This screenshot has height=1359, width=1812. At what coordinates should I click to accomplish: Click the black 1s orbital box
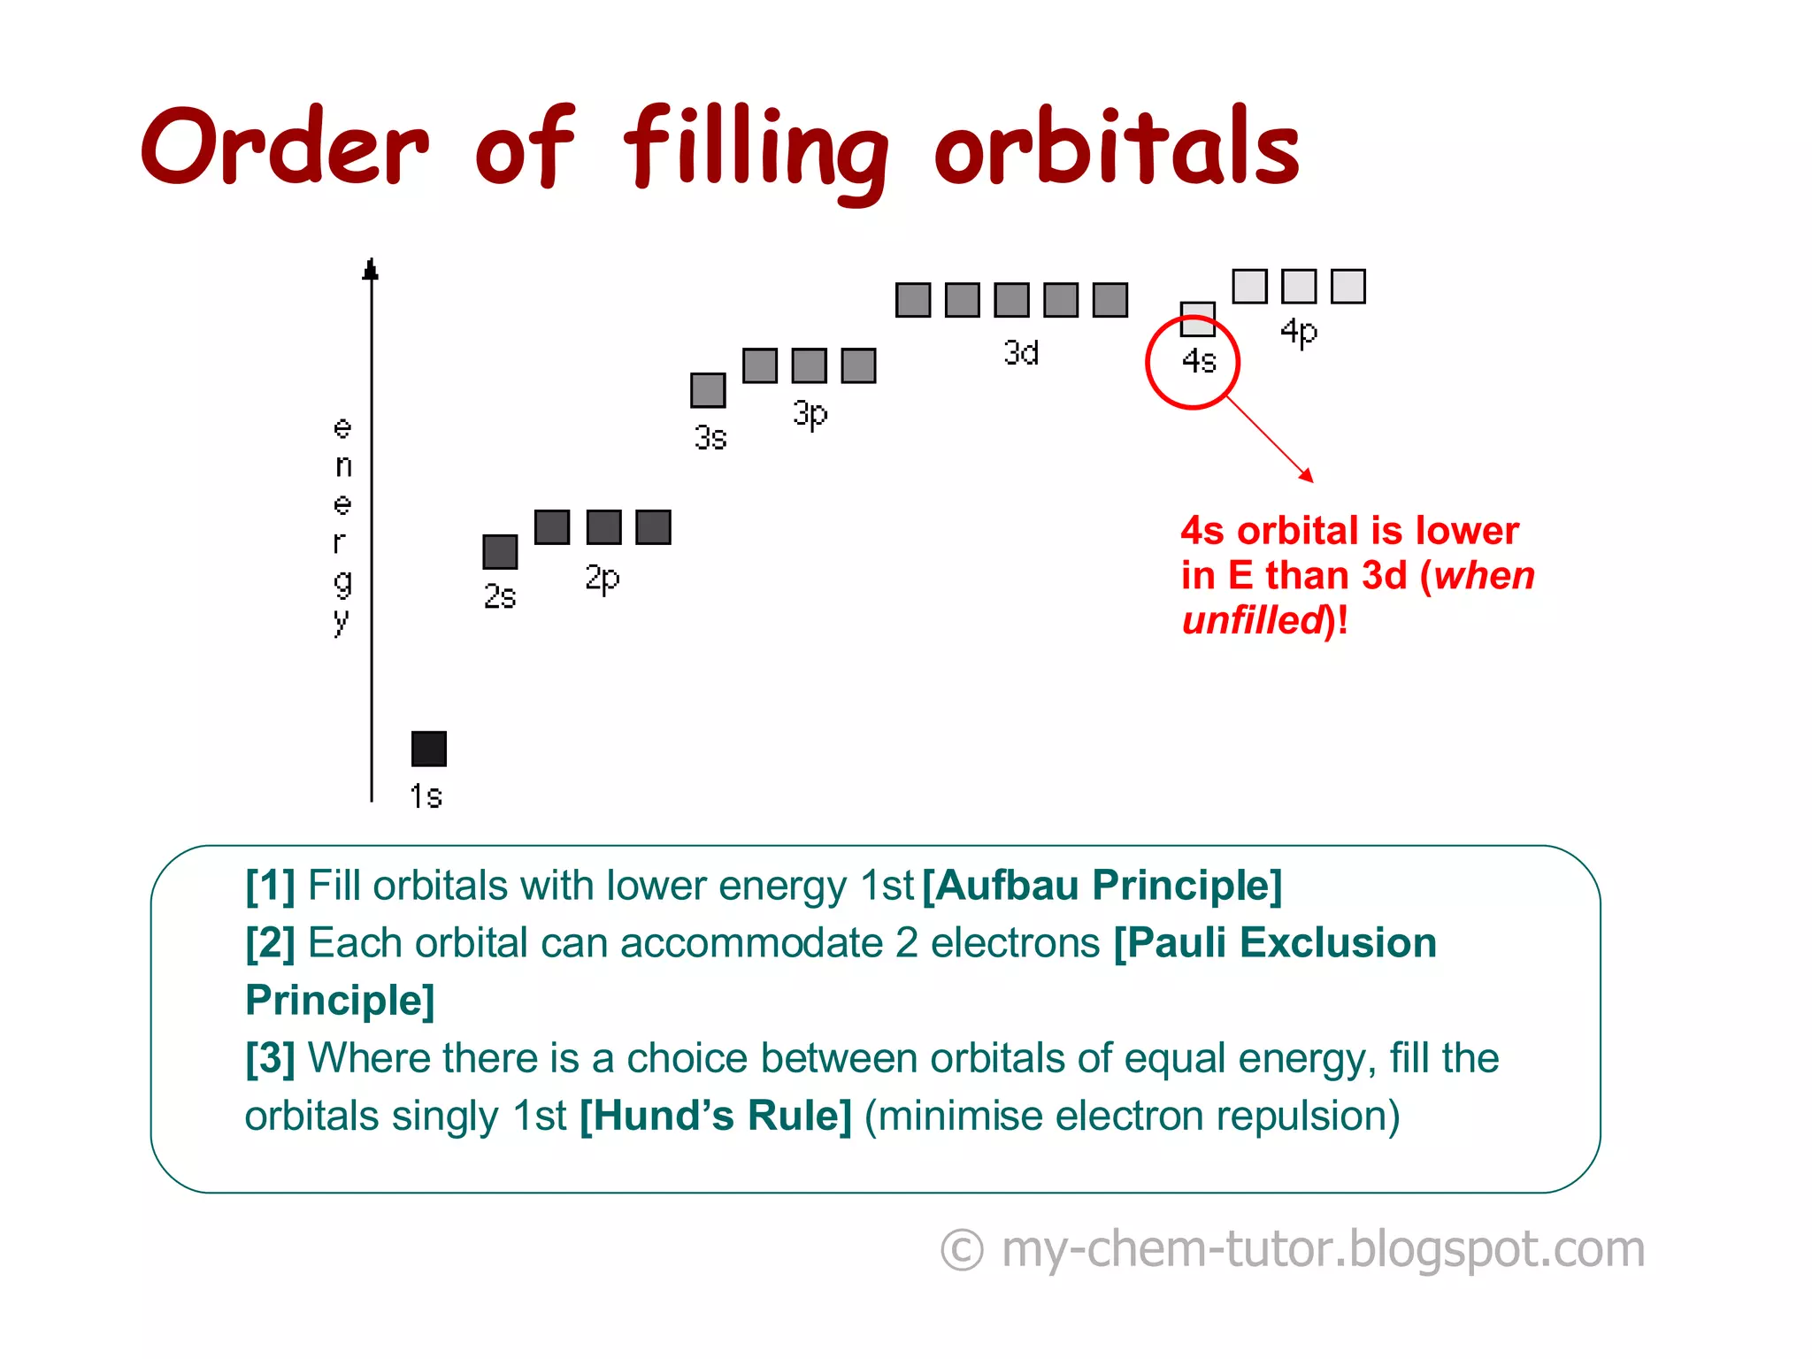tap(429, 749)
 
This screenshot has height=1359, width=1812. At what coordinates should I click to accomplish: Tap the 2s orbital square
tap(500, 551)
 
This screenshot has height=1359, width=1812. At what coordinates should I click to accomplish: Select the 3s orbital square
tap(708, 390)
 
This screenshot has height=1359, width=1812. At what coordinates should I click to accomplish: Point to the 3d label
tap(1021, 353)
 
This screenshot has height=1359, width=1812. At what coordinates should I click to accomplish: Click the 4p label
tap(1299, 333)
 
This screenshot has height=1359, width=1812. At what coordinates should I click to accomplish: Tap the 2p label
tap(603, 580)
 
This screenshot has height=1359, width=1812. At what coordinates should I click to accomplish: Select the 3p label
tap(810, 414)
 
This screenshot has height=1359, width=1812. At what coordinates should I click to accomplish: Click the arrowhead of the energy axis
tap(371, 269)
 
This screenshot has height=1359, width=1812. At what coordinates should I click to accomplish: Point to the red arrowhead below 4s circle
tap(1307, 476)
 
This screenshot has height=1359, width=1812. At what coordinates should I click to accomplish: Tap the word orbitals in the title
tap(1117, 149)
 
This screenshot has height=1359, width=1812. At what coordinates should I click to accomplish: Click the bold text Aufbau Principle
tap(1102, 886)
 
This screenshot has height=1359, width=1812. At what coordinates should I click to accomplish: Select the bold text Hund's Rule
tap(716, 1116)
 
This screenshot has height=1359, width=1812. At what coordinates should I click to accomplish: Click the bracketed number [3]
tap(270, 1058)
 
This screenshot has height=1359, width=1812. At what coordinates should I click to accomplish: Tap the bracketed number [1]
tap(270, 886)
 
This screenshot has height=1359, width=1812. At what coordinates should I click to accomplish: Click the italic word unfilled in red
tap(1252, 620)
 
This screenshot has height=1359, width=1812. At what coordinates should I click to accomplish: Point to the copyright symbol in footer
tap(962, 1250)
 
